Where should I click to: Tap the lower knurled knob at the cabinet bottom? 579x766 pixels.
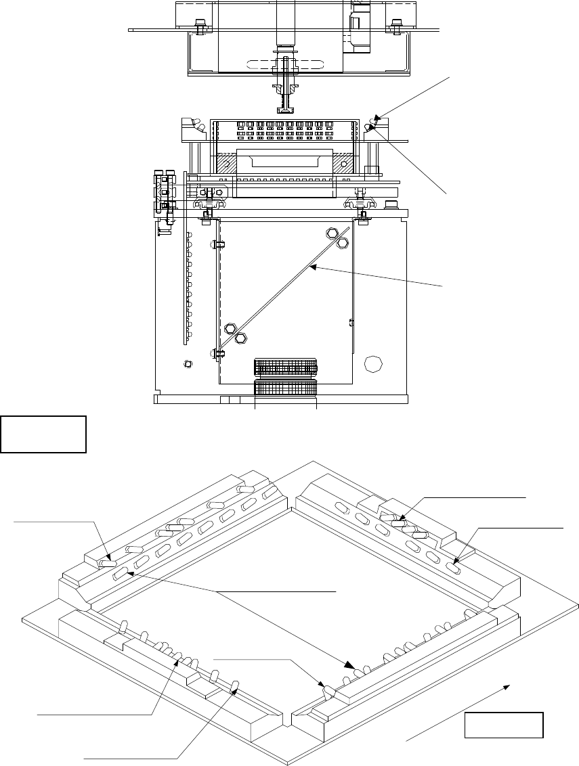pyautogui.click(x=286, y=390)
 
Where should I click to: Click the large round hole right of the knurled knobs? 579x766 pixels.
pyautogui.click(x=372, y=363)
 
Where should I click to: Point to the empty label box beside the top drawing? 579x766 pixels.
pyautogui.click(x=43, y=434)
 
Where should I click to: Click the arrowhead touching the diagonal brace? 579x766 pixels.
pyautogui.click(x=313, y=269)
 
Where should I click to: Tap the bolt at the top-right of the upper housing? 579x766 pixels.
pyautogui.click(x=394, y=26)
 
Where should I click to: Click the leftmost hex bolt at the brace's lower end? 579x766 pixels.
pyautogui.click(x=229, y=329)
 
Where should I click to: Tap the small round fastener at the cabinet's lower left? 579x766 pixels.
pyautogui.click(x=188, y=364)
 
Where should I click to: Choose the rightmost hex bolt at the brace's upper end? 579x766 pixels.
pyautogui.click(x=343, y=242)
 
